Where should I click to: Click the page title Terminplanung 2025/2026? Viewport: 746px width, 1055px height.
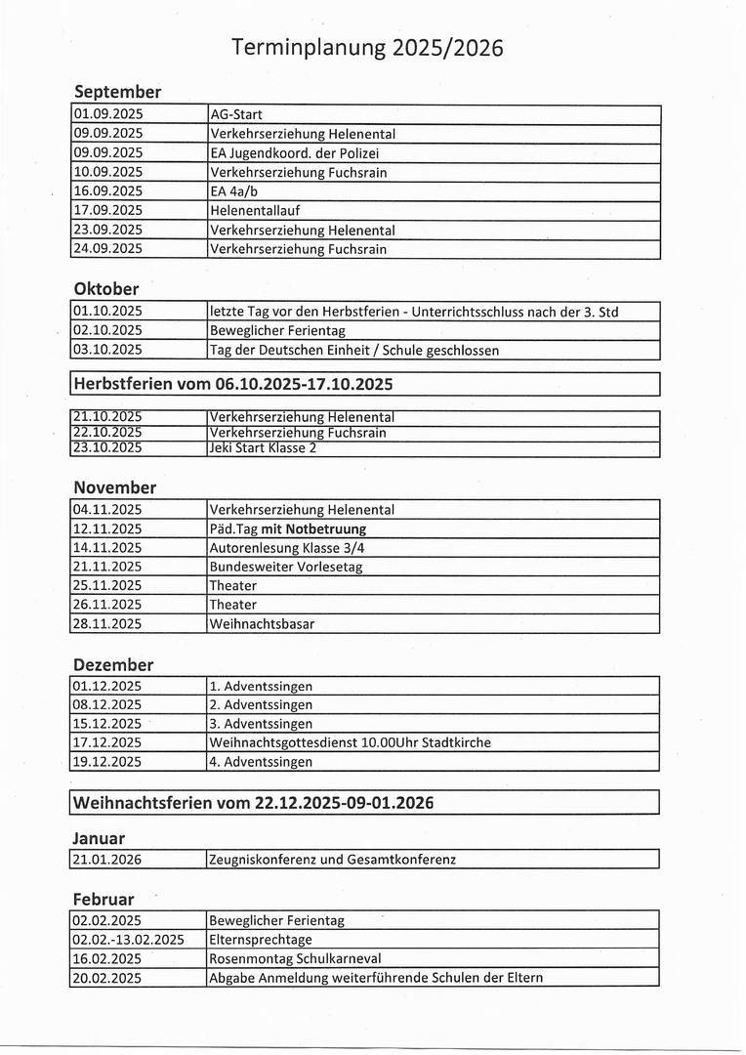(368, 47)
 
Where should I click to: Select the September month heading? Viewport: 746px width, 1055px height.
(117, 92)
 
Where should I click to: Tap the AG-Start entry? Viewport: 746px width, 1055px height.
(236, 114)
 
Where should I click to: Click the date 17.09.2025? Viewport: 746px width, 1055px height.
(107, 210)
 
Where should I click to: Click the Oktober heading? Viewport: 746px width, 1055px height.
(106, 289)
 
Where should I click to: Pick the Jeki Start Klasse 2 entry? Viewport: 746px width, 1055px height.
(263, 448)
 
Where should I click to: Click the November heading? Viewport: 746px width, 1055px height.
(115, 487)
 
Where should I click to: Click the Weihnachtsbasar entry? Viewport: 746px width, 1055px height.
(262, 624)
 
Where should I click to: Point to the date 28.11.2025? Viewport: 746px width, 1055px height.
(107, 624)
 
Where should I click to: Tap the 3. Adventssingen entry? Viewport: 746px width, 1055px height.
(261, 724)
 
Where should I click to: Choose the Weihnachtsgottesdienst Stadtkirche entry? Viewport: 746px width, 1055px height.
(350, 742)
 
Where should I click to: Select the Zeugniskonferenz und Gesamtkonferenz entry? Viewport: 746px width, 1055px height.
(333, 860)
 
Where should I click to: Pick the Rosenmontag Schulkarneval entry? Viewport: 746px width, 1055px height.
(295, 958)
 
